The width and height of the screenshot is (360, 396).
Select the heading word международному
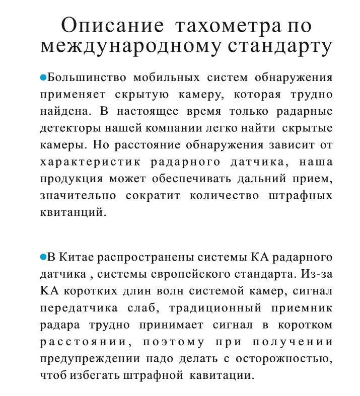click(130, 47)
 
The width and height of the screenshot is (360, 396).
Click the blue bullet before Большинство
click(43, 78)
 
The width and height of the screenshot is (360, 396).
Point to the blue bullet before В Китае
click(43, 257)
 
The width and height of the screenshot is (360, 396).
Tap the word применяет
click(73, 95)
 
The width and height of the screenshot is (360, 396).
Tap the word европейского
click(188, 274)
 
